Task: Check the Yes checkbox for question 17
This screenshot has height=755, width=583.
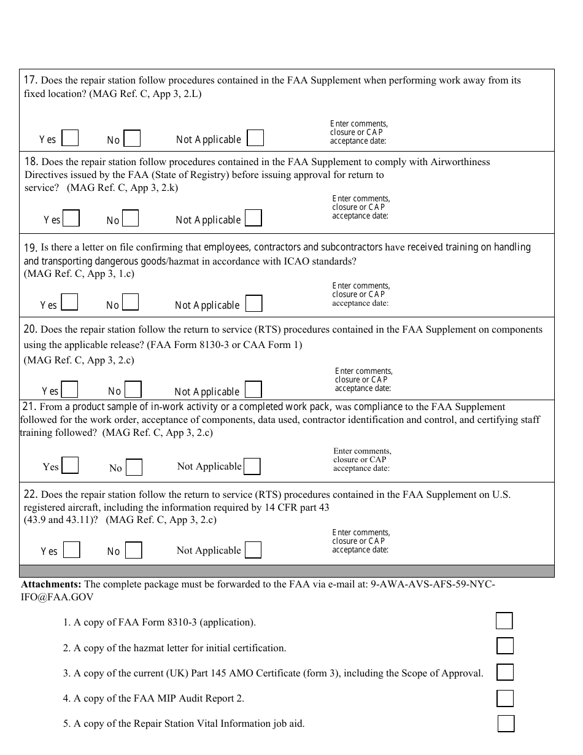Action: tap(70, 138)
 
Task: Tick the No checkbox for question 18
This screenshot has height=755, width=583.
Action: tap(130, 219)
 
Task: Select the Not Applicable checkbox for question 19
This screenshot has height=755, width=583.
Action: tap(253, 304)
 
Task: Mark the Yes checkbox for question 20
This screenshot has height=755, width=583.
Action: tap(69, 390)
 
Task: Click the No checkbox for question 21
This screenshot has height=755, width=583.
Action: tap(134, 468)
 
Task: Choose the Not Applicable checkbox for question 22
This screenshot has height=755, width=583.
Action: tap(253, 549)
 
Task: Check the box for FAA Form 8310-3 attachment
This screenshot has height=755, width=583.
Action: tap(504, 621)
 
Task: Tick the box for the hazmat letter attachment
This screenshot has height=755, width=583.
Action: tap(504, 646)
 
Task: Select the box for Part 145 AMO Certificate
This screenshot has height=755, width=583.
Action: tap(504, 672)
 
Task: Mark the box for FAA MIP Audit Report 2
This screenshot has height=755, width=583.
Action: tap(504, 698)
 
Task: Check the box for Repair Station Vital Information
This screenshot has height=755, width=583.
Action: tap(506, 724)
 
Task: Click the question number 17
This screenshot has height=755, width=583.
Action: tap(31, 80)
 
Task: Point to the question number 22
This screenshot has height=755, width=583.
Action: tap(31, 494)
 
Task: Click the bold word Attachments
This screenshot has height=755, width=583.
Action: tap(51, 584)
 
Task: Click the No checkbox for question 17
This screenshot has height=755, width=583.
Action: tap(132, 139)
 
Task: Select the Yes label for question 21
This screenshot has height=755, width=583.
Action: tap(51, 467)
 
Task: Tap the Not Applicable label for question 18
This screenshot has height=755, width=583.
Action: tap(208, 220)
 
